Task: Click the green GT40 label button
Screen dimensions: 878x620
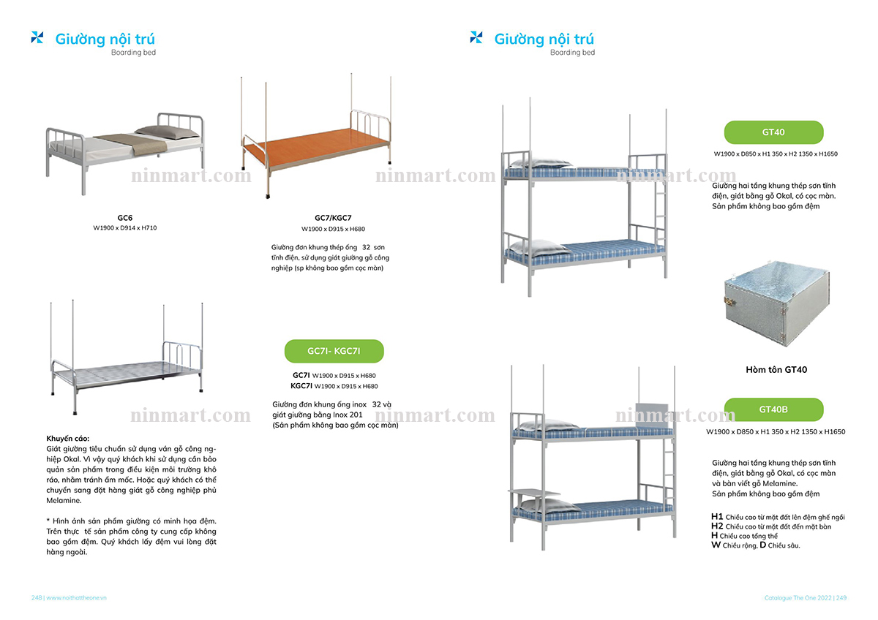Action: [773, 132]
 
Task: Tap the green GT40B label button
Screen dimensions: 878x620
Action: [773, 409]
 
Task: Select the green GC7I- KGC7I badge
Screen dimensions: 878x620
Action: [334, 352]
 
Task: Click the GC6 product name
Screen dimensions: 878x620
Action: [125, 218]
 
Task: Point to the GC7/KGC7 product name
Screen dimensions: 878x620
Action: [333, 218]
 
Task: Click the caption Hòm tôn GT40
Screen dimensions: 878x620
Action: [776, 370]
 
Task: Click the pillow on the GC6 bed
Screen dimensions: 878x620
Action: [167, 132]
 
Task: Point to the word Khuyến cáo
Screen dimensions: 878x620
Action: [68, 439]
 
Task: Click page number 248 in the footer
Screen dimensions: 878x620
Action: [36, 597]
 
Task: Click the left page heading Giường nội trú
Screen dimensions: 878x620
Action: [105, 39]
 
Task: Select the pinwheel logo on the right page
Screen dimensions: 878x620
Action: [476, 37]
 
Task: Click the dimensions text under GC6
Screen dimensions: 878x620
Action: [125, 228]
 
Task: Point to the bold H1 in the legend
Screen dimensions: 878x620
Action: [716, 517]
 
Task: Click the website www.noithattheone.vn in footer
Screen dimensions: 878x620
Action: [77, 597]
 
